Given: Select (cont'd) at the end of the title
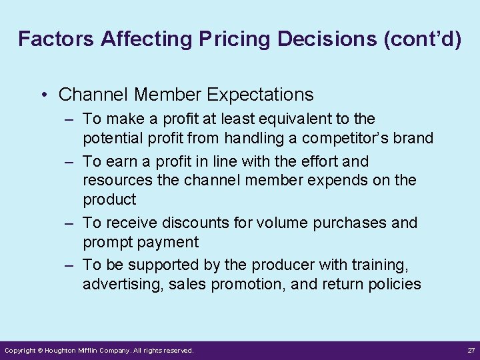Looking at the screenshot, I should point(423,39).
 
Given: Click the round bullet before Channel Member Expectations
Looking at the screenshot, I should point(44,95).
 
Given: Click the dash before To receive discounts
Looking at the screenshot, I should point(69,223).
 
